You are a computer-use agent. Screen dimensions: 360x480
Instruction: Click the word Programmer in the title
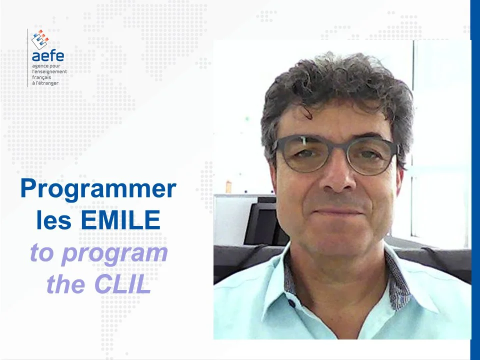click(98, 190)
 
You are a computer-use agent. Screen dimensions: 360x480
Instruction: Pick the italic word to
click(41, 252)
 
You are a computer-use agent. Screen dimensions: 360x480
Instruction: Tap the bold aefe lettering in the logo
click(47, 55)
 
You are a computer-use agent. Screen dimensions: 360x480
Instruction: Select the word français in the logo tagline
click(41, 77)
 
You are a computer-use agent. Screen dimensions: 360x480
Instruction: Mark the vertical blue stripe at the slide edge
click(475, 180)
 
